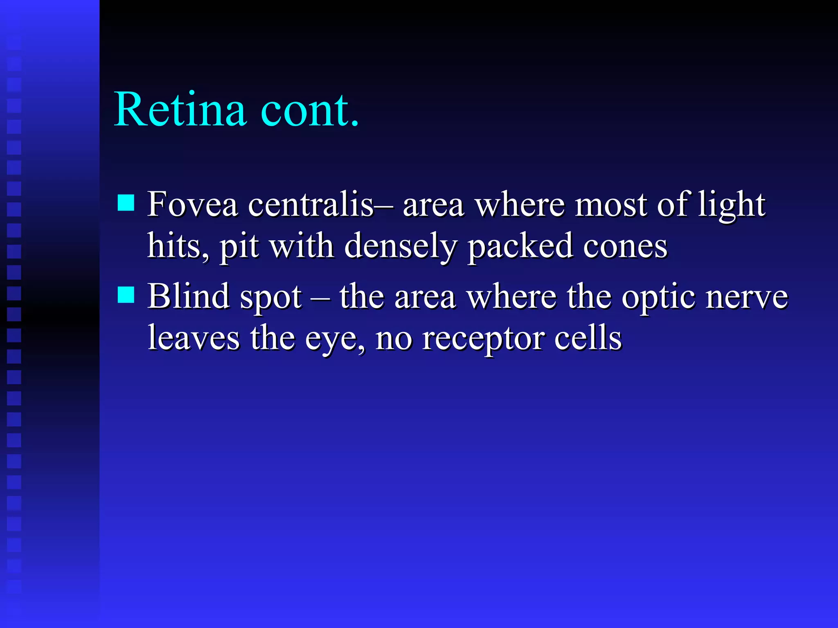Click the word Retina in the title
point(180,110)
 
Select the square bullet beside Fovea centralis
point(126,203)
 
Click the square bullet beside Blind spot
point(126,294)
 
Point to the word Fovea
point(192,204)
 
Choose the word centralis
point(311,204)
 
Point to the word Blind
point(188,296)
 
